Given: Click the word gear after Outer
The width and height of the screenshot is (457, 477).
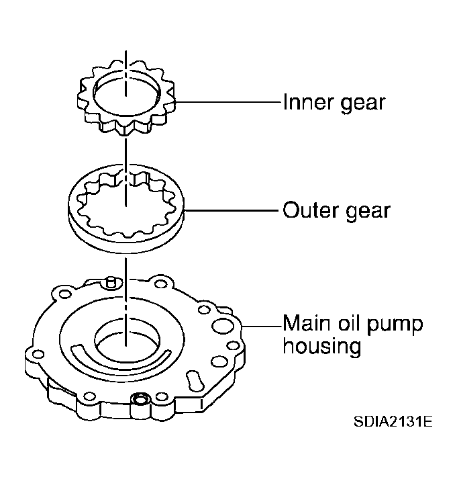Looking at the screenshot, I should [x=366, y=212].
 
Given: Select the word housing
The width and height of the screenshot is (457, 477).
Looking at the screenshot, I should [x=321, y=348].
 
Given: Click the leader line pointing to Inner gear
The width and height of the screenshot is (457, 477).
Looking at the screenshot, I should [x=228, y=103].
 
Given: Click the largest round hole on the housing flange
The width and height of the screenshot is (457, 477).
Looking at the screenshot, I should [x=221, y=327].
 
